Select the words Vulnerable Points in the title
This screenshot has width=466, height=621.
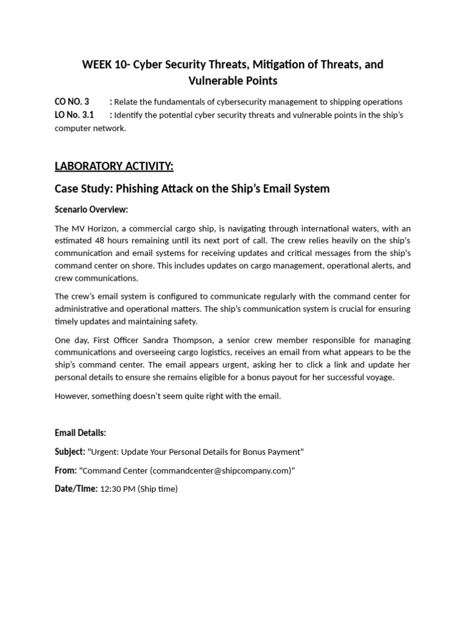[232, 81]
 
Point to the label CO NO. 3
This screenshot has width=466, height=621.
[72, 101]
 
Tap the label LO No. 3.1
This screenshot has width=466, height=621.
[74, 115]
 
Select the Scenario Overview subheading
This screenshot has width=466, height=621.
[91, 209]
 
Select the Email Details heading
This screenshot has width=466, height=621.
[80, 432]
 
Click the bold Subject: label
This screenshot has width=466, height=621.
[70, 452]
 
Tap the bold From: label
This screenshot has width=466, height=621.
[66, 471]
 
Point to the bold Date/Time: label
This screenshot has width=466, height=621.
[76, 489]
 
